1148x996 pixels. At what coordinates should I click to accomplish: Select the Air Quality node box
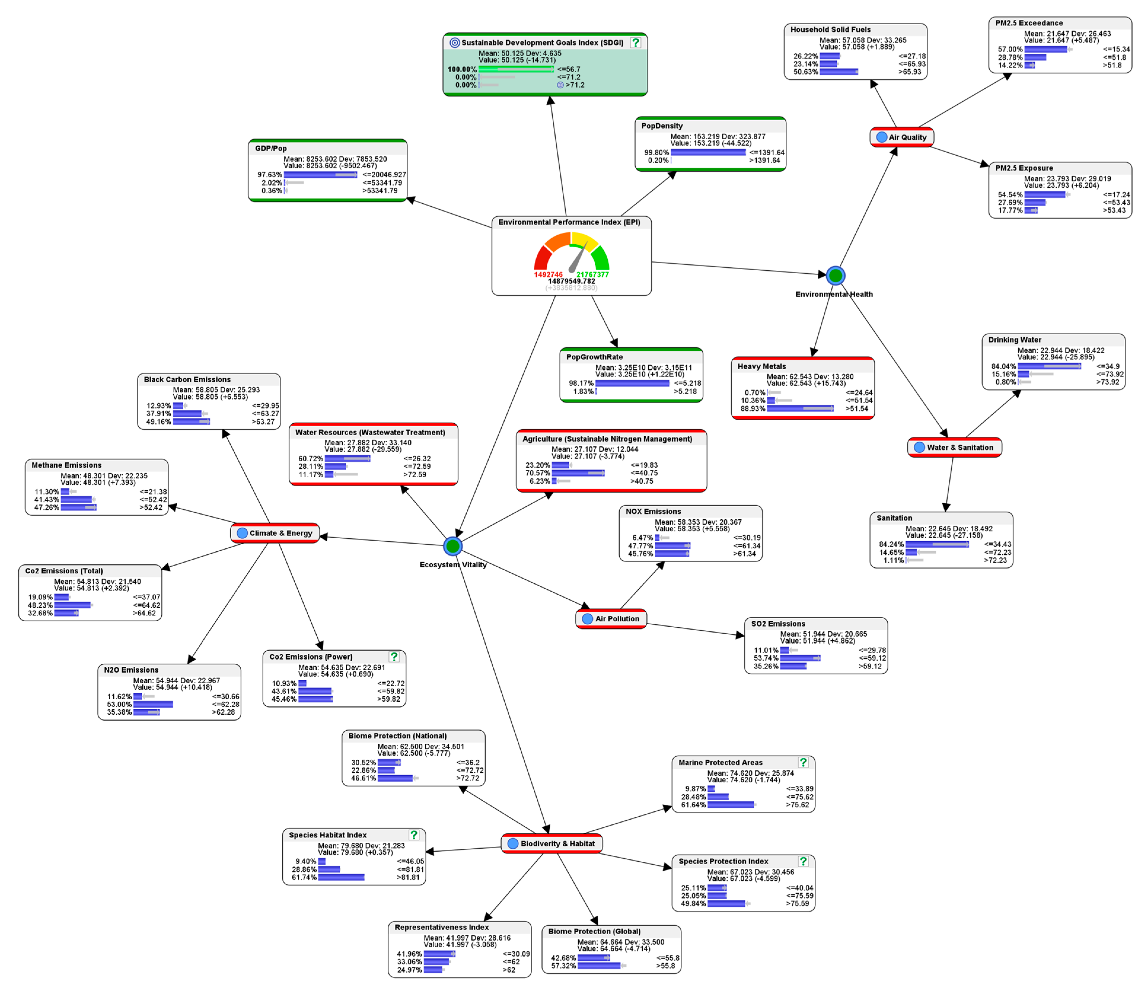(902, 137)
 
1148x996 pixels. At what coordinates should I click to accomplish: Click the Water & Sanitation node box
(954, 447)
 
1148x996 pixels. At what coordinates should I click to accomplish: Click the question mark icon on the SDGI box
(635, 42)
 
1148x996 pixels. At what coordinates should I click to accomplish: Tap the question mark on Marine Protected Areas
(803, 762)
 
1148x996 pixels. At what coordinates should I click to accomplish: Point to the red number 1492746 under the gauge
(548, 274)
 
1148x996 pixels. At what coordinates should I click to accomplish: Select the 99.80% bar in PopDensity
(708, 152)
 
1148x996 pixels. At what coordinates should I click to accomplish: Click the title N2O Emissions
(131, 670)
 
